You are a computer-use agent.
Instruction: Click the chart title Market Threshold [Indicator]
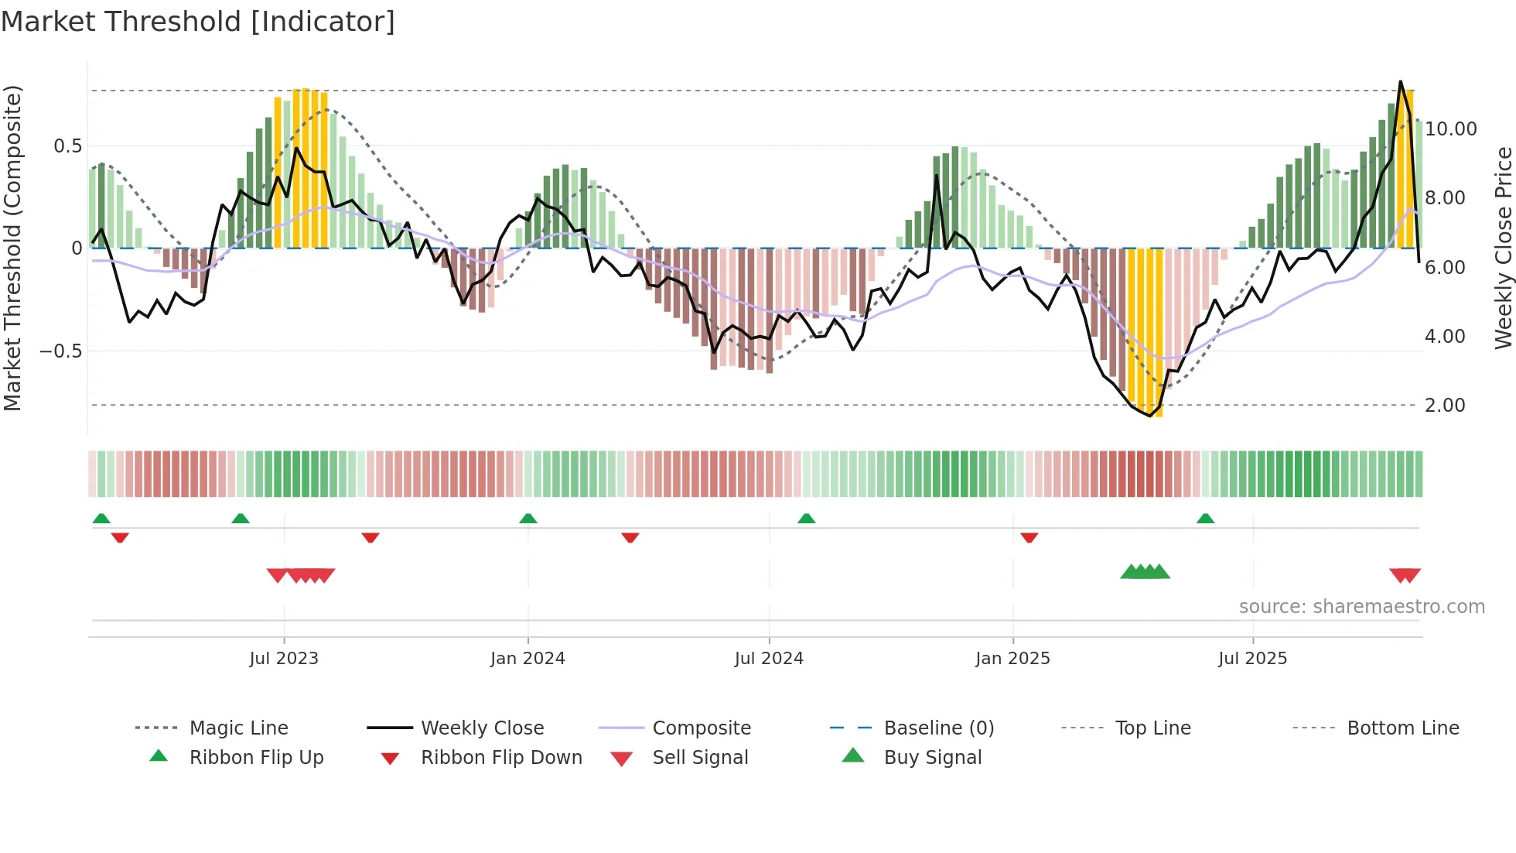pyautogui.click(x=198, y=22)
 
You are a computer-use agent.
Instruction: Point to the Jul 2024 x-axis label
pyautogui.click(x=769, y=658)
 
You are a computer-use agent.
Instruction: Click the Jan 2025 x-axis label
pyautogui.click(x=1012, y=658)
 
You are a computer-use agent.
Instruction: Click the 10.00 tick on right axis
pyautogui.click(x=1450, y=128)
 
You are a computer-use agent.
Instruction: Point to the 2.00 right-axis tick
pyautogui.click(x=1444, y=405)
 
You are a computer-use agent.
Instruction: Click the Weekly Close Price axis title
pyautogui.click(x=1503, y=248)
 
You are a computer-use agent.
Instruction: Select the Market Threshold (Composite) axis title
pyautogui.click(x=12, y=248)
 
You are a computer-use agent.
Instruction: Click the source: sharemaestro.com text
pyautogui.click(x=1361, y=606)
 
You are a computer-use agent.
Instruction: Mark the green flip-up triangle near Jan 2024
pyautogui.click(x=528, y=519)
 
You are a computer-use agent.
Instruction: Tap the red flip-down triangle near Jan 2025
pyautogui.click(x=1029, y=537)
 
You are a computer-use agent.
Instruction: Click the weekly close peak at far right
pyautogui.click(x=1400, y=81)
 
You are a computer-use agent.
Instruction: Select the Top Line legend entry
pyautogui.click(x=1152, y=728)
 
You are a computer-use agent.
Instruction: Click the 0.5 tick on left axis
pyautogui.click(x=67, y=146)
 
